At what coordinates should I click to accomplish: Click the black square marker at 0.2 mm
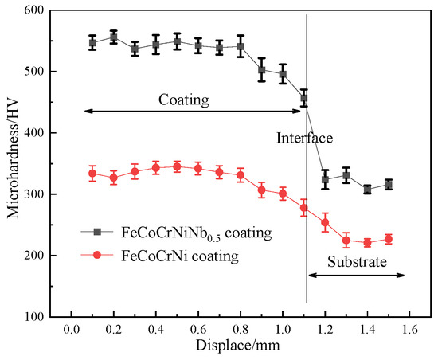point(113,37)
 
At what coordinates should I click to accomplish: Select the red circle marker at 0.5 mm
point(177,166)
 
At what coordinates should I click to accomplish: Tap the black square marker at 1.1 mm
point(304,98)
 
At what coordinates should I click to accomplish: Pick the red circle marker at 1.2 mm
point(325,222)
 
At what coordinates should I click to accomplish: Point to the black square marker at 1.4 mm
point(367,190)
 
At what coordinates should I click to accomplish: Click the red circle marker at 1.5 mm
point(389,239)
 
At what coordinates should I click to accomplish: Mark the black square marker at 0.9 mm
point(261,70)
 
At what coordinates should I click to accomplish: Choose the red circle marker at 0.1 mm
point(92,174)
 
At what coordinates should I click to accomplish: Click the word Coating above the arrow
point(184,100)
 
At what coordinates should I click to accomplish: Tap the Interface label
point(304,138)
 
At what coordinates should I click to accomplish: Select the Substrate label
point(357,261)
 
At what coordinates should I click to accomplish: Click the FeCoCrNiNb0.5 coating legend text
point(197,233)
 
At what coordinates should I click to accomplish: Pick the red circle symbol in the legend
point(97,255)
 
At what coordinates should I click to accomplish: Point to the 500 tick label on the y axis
point(33,71)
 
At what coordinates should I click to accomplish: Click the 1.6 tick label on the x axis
point(409,330)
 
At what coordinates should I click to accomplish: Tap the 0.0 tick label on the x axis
point(71,330)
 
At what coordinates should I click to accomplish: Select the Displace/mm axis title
point(238,346)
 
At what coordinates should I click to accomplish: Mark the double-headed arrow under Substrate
point(357,276)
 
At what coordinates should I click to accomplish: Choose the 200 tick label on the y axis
point(33,256)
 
